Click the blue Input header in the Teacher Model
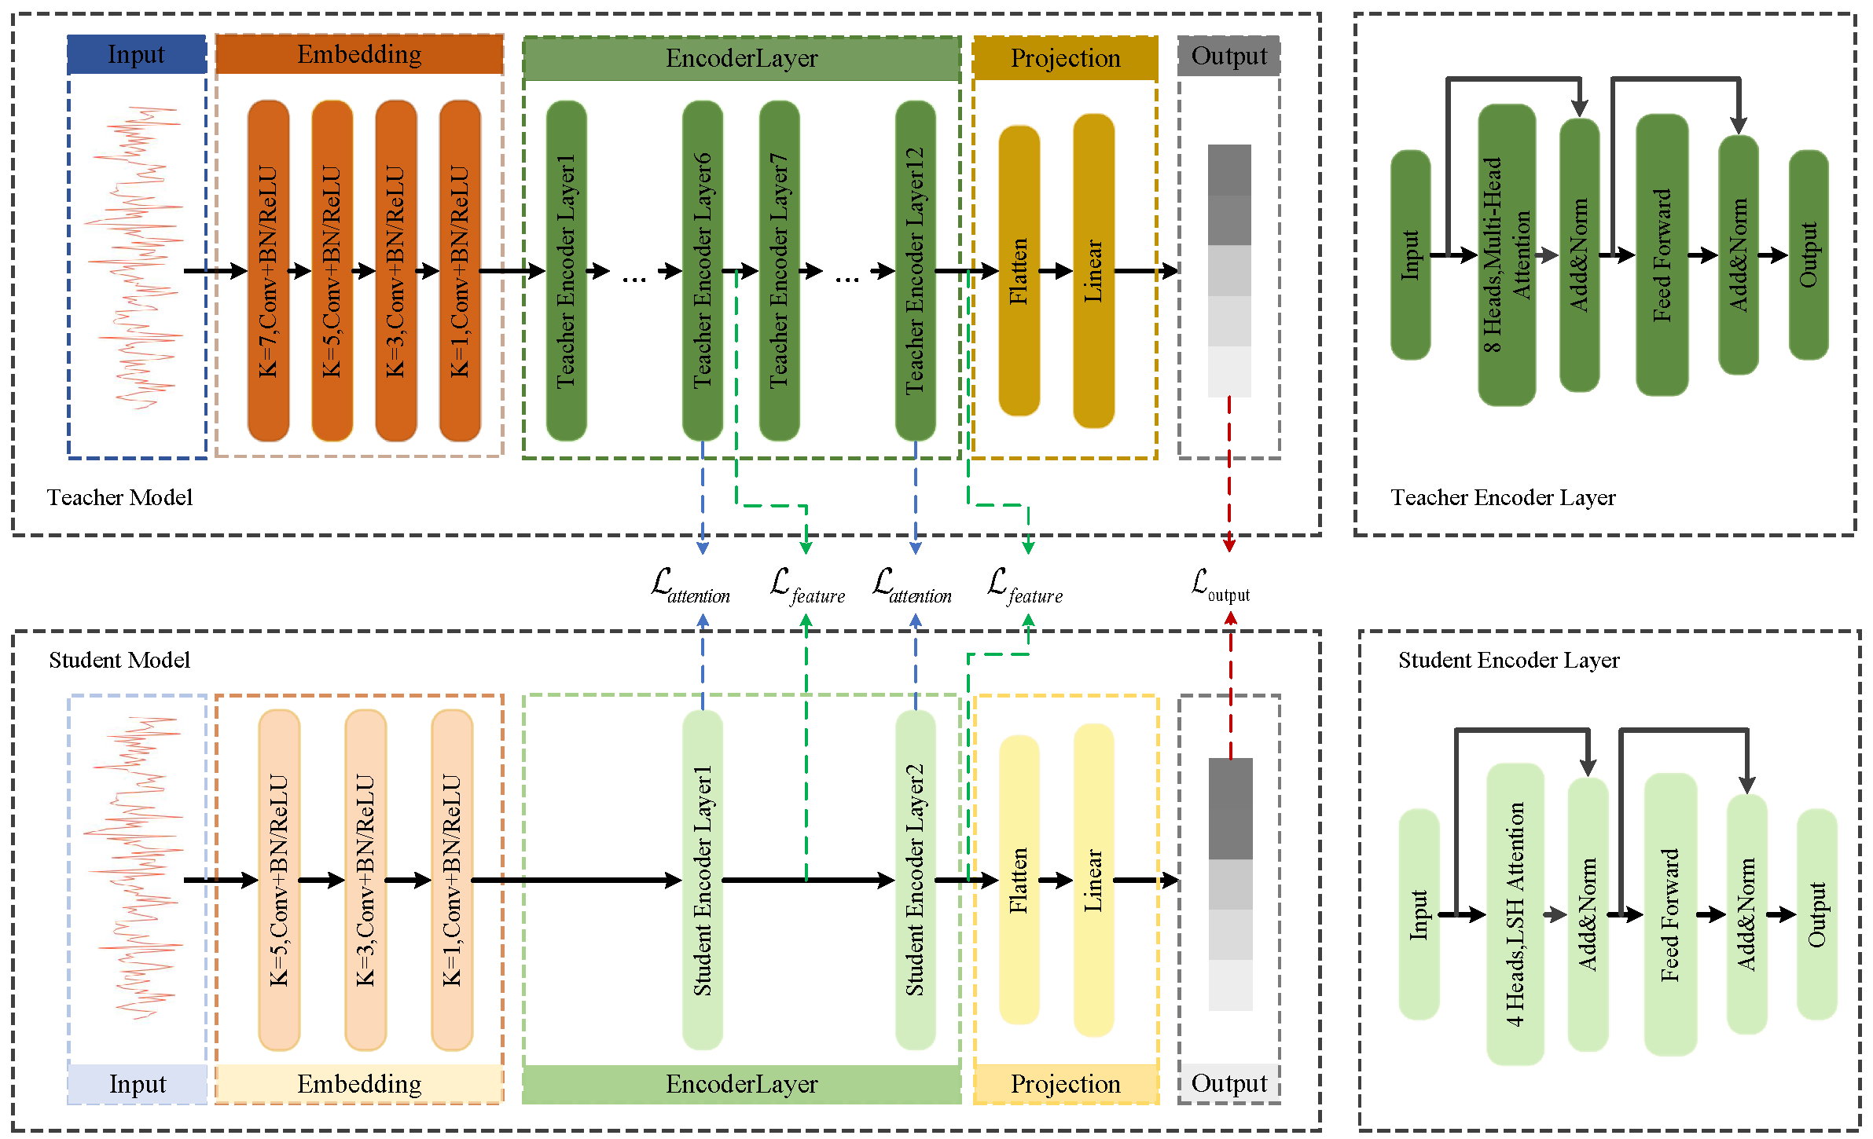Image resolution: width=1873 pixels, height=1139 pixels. (137, 55)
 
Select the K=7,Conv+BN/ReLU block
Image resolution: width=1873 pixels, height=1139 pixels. (268, 271)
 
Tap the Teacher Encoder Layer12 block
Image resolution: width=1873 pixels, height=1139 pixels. (915, 271)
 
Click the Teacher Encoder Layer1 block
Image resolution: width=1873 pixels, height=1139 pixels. (566, 271)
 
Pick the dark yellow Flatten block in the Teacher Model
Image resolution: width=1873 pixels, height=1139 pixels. (1019, 271)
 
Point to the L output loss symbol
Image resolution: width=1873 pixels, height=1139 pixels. (1220, 585)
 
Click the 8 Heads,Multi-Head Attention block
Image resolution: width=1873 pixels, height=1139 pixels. (1507, 255)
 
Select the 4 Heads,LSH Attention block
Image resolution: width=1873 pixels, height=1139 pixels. (1515, 914)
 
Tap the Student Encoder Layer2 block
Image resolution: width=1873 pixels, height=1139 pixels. (915, 880)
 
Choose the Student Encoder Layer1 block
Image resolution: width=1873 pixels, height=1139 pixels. (702, 880)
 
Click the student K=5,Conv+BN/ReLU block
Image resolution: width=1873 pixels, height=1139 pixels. (279, 880)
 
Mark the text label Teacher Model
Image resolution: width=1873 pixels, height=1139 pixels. (119, 497)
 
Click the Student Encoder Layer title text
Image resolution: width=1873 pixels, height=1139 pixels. (1508, 660)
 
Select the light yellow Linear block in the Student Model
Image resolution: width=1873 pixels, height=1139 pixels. (1093, 880)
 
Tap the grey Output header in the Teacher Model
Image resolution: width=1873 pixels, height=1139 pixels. (1228, 56)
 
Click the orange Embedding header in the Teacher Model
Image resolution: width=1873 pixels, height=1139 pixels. (359, 54)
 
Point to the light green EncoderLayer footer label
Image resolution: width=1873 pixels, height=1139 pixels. (741, 1084)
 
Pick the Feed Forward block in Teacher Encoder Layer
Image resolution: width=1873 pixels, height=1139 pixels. (1662, 255)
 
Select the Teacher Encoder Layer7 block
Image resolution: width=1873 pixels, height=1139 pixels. (779, 271)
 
